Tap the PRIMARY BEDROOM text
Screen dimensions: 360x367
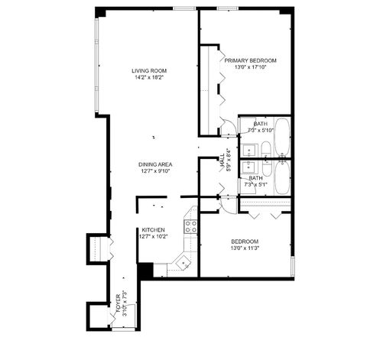click(250, 60)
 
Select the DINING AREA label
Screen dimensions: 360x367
click(154, 164)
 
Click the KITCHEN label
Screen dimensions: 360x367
click(151, 229)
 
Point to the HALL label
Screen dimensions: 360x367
click(222, 161)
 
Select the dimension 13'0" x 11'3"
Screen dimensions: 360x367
click(246, 247)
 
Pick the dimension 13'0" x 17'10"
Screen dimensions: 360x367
click(250, 67)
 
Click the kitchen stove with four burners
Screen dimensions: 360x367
click(190, 225)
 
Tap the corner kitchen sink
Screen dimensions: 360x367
click(181, 263)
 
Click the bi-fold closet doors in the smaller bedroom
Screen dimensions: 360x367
click(264, 205)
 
